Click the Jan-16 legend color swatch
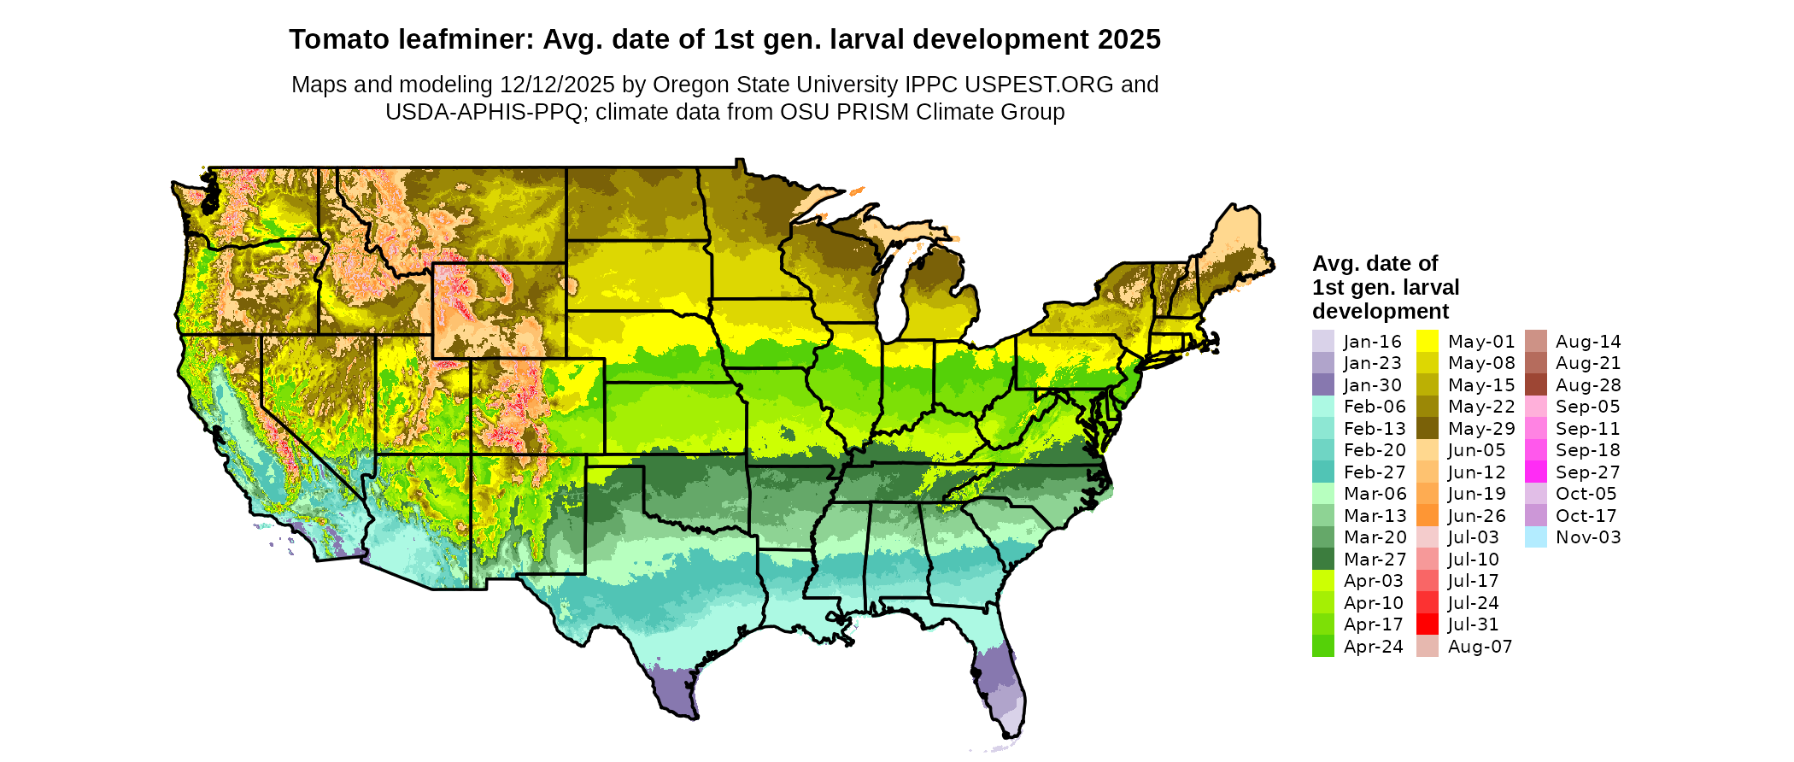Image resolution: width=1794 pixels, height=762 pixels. (x=1322, y=341)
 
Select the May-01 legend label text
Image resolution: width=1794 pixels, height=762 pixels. (x=1481, y=342)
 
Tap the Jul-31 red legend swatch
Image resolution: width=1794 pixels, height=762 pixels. (x=1428, y=624)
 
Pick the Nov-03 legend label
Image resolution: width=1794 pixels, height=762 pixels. (x=1588, y=537)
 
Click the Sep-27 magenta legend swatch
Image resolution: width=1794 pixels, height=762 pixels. (x=1535, y=472)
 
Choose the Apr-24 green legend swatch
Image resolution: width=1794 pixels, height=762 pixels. (x=1322, y=647)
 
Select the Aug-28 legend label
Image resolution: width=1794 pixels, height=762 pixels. (x=1588, y=385)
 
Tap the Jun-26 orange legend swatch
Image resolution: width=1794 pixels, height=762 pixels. (x=1428, y=516)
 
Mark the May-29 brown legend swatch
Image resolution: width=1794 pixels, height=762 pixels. (x=1428, y=429)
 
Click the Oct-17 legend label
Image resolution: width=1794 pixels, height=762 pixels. (x=1586, y=516)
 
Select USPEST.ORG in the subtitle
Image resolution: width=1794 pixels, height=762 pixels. (x=1039, y=85)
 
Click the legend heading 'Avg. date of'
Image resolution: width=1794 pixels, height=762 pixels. (x=1375, y=263)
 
